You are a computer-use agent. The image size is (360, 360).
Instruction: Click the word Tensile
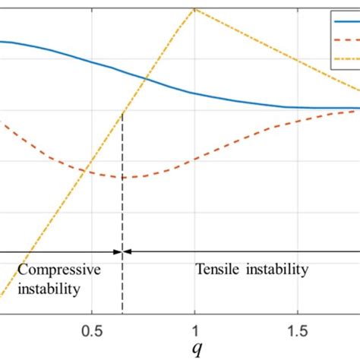coord(217,270)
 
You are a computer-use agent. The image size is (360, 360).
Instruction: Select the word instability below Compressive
coord(49,289)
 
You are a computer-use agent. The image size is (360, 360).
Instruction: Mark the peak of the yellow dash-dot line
coord(196,8)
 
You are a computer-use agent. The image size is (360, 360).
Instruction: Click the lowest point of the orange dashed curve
coord(122,177)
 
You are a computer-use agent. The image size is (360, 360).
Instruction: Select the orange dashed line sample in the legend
coord(346,39)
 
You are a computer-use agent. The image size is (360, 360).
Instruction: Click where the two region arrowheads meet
coord(122,251)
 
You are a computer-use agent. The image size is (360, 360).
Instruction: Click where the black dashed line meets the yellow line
coord(122,115)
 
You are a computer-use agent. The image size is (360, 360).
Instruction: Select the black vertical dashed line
coord(122,213)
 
